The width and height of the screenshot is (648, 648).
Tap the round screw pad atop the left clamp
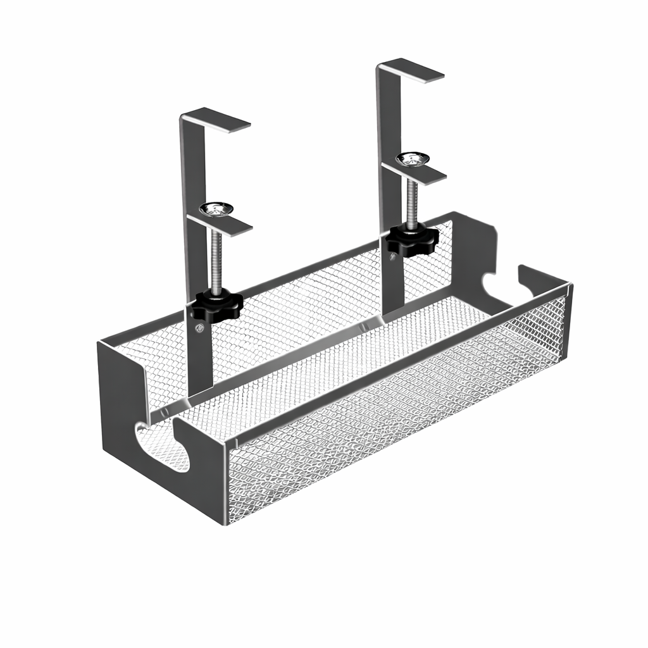217,208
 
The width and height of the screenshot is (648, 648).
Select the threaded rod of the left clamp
216,259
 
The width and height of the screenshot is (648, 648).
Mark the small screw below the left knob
200,327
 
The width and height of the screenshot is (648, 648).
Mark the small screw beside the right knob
394,256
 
